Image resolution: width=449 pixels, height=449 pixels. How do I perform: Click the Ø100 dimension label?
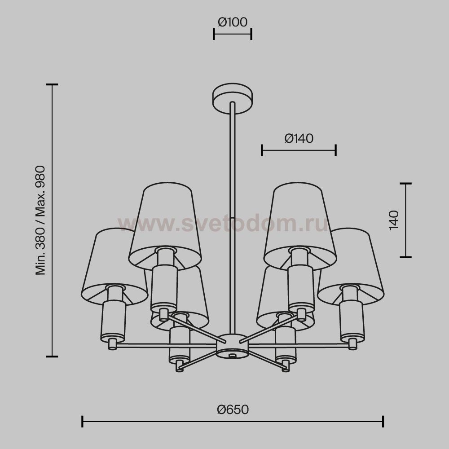tap(233, 22)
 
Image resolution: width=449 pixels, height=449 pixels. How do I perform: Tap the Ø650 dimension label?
tap(233, 409)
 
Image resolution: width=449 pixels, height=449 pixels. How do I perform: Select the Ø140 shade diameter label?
tap(299, 138)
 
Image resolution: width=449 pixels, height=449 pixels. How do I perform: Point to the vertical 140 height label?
tap(394, 220)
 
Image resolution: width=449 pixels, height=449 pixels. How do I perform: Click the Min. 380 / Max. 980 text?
tap(40, 220)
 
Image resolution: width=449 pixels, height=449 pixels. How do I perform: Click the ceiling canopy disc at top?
tap(233, 98)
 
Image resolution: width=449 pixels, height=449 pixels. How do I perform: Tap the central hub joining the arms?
tap(232, 346)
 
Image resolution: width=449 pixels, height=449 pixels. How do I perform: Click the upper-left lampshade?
tap(166, 226)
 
